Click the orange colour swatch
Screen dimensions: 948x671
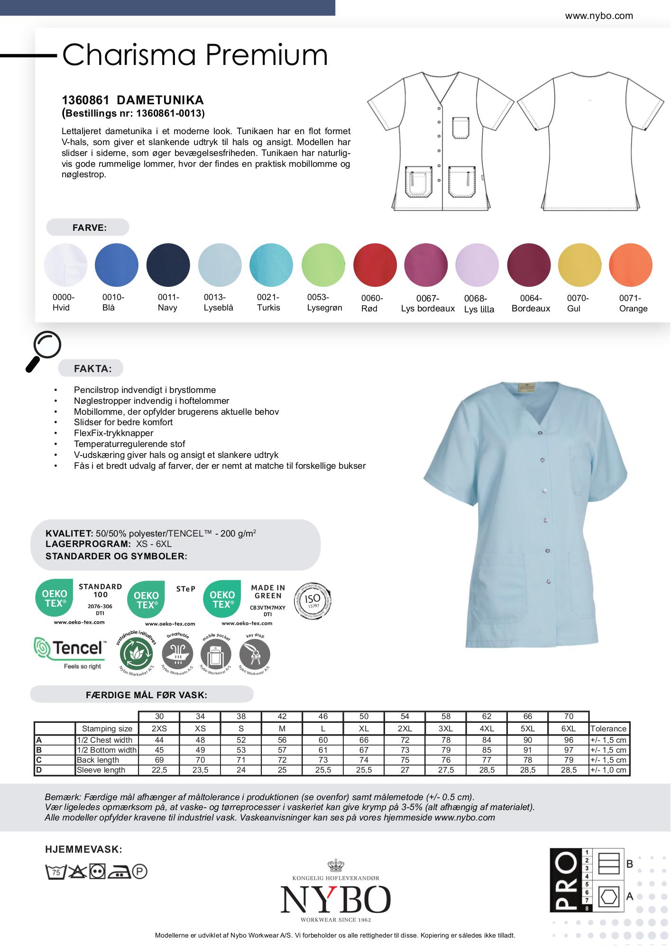click(630, 265)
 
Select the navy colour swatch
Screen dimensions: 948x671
click(168, 265)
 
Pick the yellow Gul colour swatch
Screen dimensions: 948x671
click(579, 265)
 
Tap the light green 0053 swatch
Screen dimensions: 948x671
click(323, 265)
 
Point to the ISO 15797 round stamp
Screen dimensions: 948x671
click(313, 601)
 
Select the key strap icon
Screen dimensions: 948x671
click(255, 655)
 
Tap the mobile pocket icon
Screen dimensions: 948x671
click(216, 655)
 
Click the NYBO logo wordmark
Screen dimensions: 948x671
click(335, 900)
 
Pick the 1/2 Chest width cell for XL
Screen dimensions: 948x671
click(364, 740)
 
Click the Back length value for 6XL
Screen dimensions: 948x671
click(569, 760)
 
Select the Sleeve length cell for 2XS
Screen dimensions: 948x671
click(159, 770)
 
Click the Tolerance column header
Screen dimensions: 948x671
click(608, 729)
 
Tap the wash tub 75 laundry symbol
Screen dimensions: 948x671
click(55, 871)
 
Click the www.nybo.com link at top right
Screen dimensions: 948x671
click(598, 16)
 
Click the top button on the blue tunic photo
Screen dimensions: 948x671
click(539, 432)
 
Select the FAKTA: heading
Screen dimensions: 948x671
click(92, 369)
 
